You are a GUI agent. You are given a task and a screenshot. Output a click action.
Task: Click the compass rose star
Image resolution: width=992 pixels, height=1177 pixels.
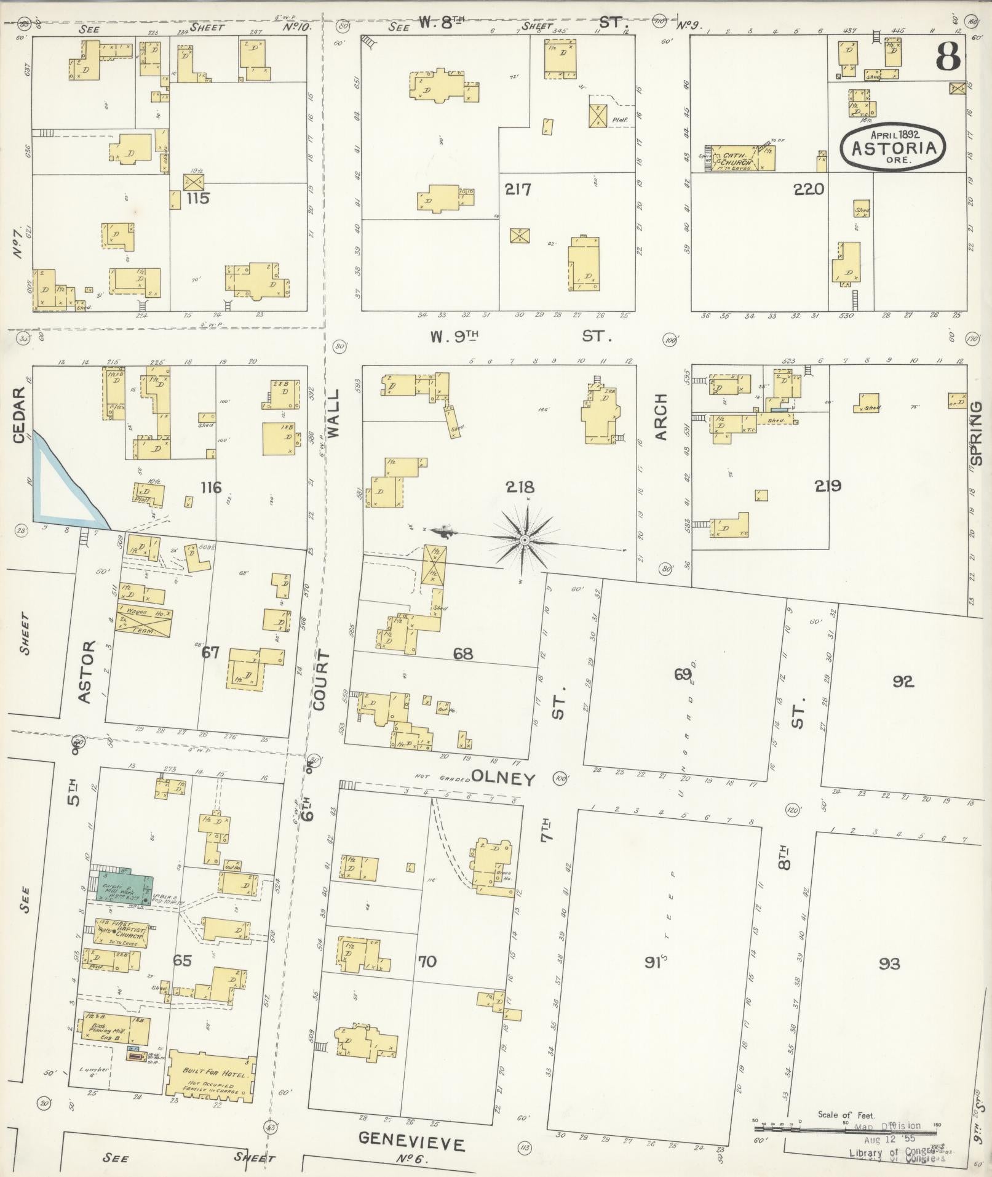pos(524,540)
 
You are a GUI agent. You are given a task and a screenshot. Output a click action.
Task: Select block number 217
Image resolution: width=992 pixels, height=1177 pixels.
pos(518,190)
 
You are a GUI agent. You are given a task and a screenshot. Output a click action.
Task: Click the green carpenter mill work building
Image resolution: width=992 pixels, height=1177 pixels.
pos(123,893)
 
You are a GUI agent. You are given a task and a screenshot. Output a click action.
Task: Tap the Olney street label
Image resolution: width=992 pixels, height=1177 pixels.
pos(504,779)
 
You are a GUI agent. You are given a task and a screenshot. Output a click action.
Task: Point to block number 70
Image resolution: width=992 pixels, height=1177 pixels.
pos(427,961)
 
